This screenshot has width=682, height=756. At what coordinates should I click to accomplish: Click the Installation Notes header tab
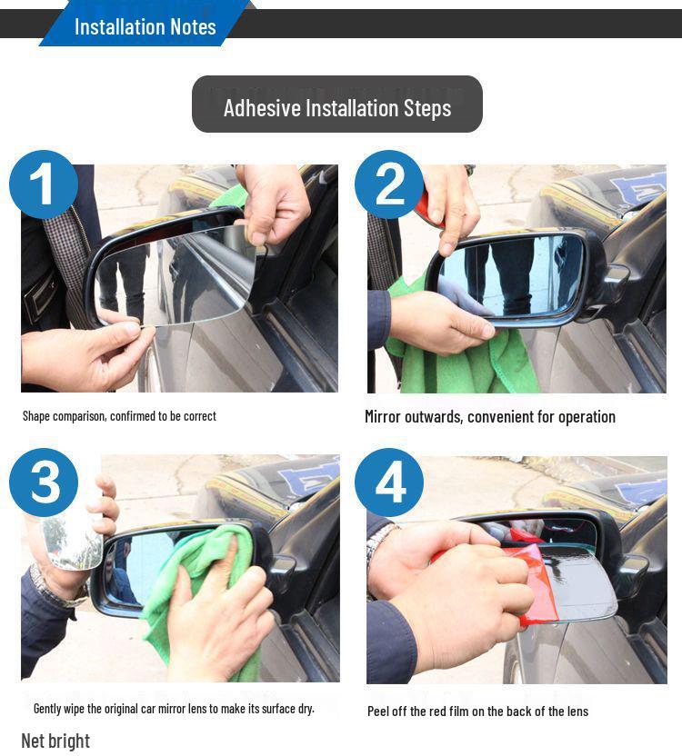pos(145,26)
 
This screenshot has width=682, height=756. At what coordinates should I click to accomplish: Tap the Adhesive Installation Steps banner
pos(336,107)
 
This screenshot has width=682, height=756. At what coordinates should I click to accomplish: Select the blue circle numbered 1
pos(43,184)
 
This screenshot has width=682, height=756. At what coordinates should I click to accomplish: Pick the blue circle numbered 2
pos(389,184)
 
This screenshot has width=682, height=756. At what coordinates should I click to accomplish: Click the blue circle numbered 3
pos(43,482)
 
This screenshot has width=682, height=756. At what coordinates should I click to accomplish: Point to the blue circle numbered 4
pos(389,482)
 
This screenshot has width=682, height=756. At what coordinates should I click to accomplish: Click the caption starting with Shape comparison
pos(119,416)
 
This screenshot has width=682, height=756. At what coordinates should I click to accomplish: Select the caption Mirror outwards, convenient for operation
pos(489,417)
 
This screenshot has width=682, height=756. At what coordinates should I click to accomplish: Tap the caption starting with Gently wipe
pos(174,708)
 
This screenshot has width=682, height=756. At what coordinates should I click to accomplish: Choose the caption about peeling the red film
pos(477,711)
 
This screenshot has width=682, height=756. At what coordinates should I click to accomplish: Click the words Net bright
pos(55,741)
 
